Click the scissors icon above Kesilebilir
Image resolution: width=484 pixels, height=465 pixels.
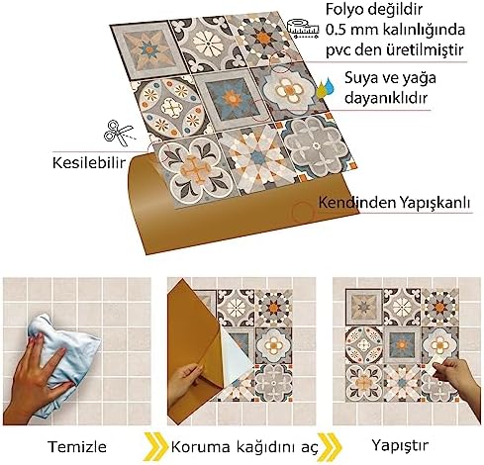coord(119,134)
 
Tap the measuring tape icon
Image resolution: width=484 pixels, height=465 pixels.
coord(303,29)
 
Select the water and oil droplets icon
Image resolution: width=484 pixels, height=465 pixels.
coord(326,88)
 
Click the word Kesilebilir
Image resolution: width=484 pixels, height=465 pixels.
coord(89,163)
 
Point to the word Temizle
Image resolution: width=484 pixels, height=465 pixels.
coord(77,447)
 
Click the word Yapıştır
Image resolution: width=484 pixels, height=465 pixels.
coord(400,446)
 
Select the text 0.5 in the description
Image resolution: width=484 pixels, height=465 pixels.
coord(337,30)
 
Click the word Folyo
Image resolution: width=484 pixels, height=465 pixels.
coord(346,11)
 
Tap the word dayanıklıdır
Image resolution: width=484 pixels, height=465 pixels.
coord(386,98)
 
